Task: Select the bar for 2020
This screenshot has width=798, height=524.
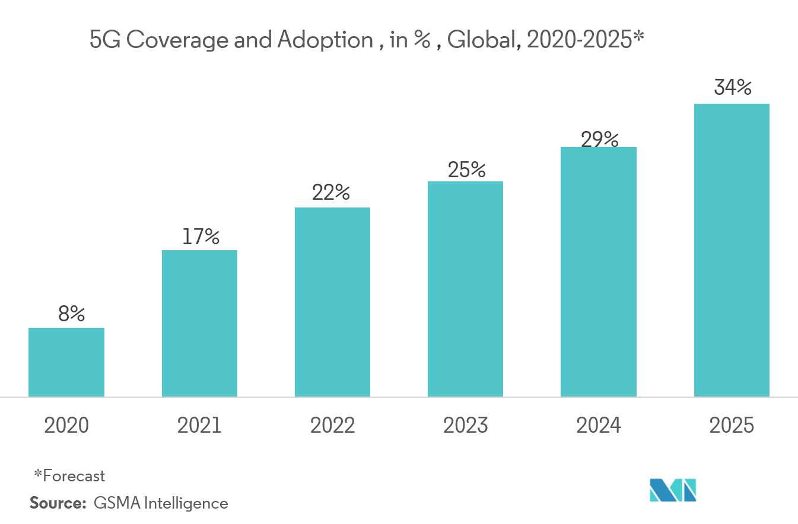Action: coord(66,362)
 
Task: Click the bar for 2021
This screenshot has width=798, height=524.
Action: coord(199,323)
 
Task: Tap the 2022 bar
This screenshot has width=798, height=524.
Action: coord(332,302)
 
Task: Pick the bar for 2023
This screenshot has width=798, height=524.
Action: coord(465,289)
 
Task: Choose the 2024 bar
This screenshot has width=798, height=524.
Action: coord(598,271)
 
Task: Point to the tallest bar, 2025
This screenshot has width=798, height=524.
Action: coord(732,250)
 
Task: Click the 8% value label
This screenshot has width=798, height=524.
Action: coord(71,314)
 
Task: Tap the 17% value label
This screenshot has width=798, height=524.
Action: coord(201,237)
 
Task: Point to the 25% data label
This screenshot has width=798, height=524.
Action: coord(466,170)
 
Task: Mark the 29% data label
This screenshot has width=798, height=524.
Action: coord(599,140)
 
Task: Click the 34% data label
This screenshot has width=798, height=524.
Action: coord(733,88)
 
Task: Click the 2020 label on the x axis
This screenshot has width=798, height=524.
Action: coord(66,426)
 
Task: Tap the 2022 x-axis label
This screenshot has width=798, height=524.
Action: coord(332,426)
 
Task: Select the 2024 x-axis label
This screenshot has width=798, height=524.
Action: coord(598,426)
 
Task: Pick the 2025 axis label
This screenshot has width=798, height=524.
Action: coord(732,426)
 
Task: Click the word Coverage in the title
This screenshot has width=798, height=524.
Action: coord(174,41)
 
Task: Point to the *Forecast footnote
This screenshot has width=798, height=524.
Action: coord(69,475)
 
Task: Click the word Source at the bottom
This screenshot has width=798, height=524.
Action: coord(58,503)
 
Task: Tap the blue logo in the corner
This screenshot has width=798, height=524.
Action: coord(672,490)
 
